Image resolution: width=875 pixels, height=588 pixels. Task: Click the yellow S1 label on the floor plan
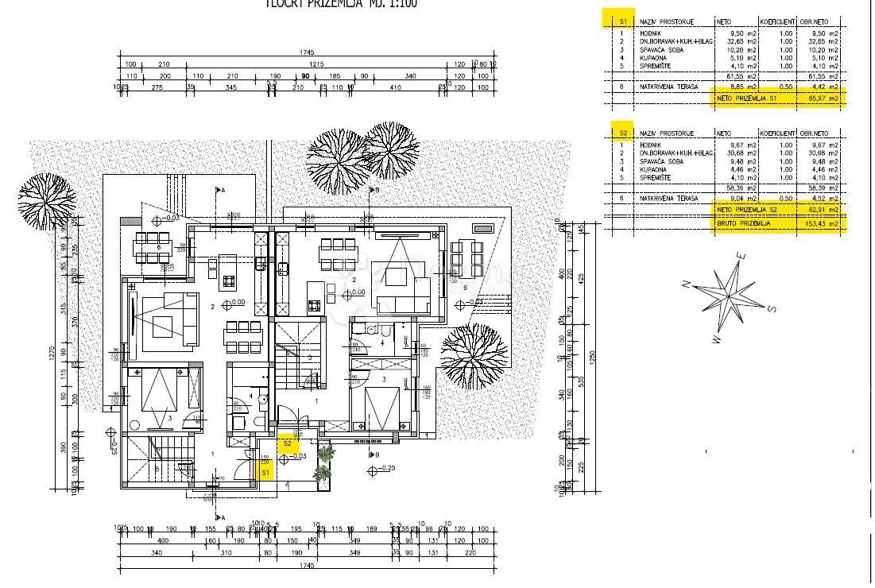click(267, 472)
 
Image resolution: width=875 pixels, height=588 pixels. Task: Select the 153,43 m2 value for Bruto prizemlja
click(822, 225)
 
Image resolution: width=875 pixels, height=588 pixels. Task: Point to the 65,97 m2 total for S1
click(822, 98)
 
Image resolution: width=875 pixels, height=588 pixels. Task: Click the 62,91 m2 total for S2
click(822, 209)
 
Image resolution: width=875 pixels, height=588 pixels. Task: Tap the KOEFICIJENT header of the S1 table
click(776, 22)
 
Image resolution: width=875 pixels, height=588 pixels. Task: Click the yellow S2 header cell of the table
click(623, 133)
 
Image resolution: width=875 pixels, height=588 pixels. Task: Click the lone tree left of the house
click(46, 199)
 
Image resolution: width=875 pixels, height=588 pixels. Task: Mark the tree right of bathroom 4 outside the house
click(474, 350)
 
